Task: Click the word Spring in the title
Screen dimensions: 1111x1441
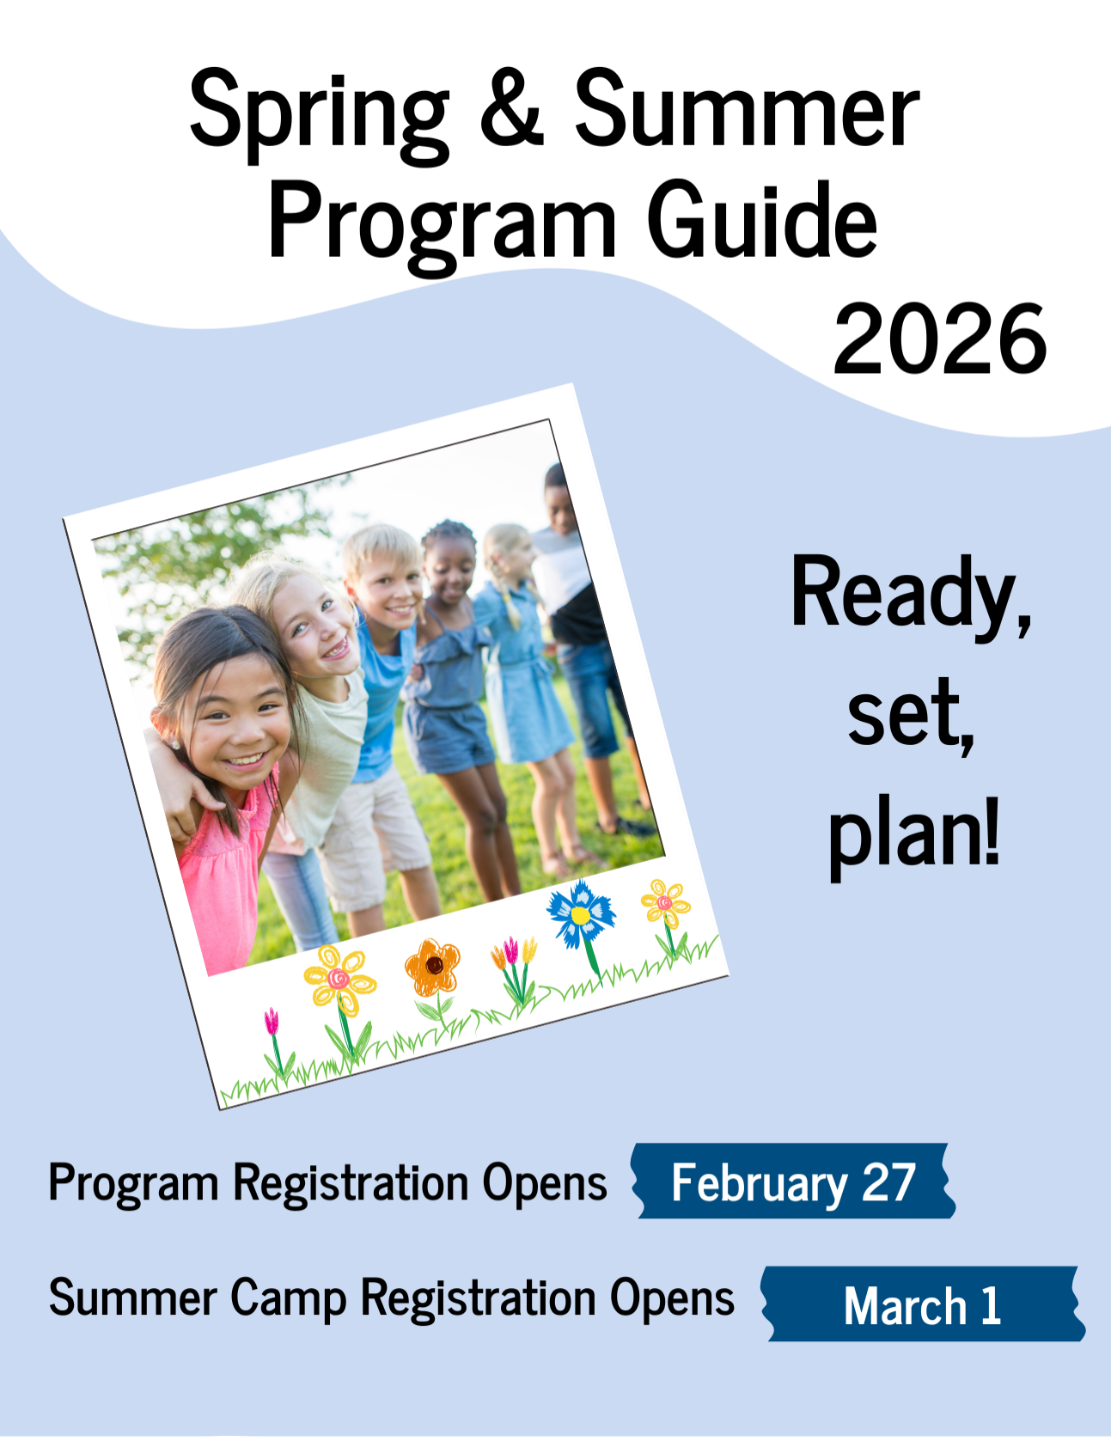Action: tap(319, 115)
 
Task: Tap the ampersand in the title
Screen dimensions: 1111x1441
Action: tap(511, 107)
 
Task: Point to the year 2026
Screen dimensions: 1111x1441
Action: tap(940, 340)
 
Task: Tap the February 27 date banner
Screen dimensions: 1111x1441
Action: tap(793, 1181)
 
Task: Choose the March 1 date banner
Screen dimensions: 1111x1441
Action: tap(923, 1304)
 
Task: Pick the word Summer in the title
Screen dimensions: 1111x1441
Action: tap(747, 109)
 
